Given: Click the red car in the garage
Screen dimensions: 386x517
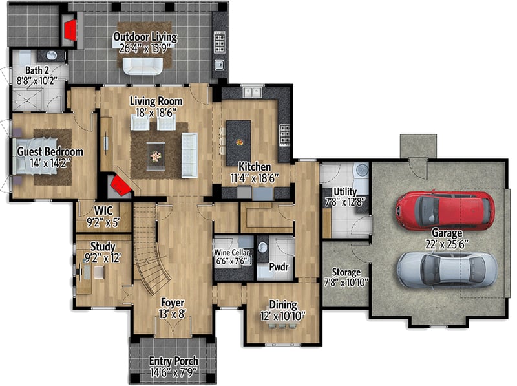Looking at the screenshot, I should tap(445, 210).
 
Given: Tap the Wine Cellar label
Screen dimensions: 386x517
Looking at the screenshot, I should tap(232, 253).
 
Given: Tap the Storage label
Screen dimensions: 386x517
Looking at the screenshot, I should tap(346, 272).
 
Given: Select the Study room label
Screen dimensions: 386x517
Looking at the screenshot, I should tap(103, 246).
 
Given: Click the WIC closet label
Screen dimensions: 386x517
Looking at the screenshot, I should tap(103, 210).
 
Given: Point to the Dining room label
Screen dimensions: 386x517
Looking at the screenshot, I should tap(283, 305).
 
